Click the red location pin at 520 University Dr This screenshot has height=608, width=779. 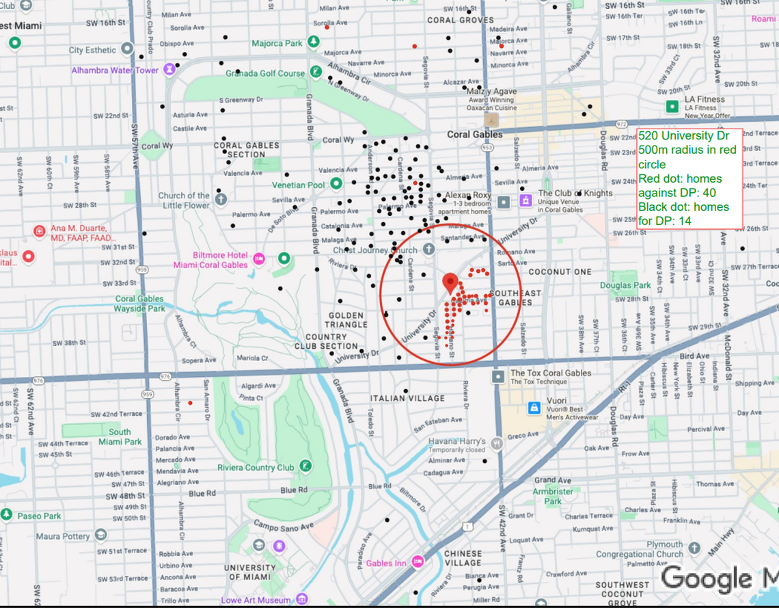[x=450, y=281]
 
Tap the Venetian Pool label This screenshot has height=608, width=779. [x=297, y=185]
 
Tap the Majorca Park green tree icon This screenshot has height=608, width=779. [x=314, y=43]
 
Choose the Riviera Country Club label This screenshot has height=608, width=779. [x=256, y=468]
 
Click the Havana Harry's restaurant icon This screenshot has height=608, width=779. [x=496, y=443]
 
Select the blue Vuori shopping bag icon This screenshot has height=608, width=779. [x=534, y=408]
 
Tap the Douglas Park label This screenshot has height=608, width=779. [x=625, y=285]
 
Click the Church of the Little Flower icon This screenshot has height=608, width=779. [x=220, y=200]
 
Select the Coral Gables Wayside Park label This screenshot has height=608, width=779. [x=139, y=304]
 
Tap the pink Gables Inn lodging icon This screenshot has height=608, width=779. [x=417, y=562]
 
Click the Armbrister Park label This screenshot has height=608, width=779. [x=553, y=496]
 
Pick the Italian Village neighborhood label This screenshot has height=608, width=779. [x=407, y=398]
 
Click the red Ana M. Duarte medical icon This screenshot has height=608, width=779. [x=40, y=231]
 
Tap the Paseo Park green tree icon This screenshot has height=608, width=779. [x=7, y=514]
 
